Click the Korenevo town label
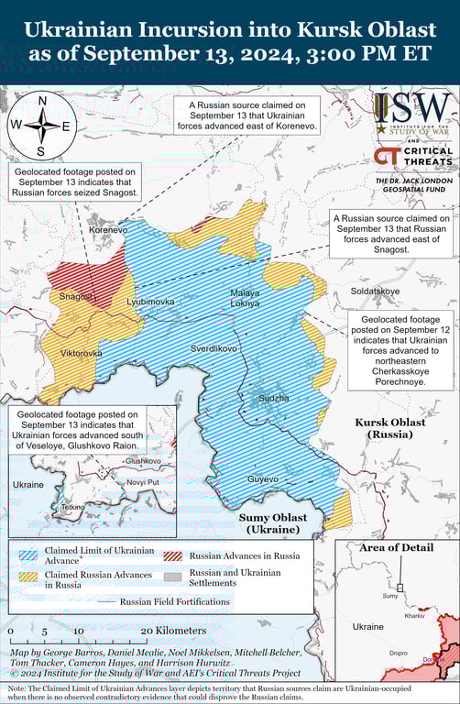(108, 230)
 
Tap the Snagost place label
(76, 296)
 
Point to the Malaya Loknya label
(245, 297)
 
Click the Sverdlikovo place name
(214, 349)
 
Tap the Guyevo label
(262, 479)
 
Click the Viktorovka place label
(81, 353)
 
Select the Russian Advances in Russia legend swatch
(172, 555)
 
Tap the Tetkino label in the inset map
(72, 506)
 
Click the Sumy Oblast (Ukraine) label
(273, 523)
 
